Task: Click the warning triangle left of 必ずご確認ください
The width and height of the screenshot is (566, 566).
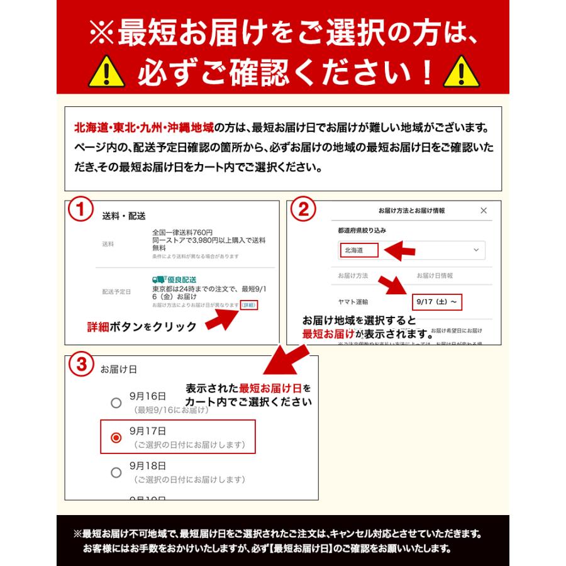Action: click(106, 72)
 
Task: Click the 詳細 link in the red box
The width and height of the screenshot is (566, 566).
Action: click(249, 305)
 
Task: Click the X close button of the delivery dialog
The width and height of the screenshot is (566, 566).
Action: click(483, 211)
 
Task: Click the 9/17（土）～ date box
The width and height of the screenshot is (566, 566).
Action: click(437, 302)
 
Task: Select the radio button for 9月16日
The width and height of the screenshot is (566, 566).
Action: click(116, 402)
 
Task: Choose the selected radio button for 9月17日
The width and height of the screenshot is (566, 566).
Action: click(116, 438)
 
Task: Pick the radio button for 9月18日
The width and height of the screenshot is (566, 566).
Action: click(116, 472)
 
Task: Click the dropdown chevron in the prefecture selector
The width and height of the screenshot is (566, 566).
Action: click(475, 250)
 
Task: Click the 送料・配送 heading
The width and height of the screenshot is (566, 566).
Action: click(124, 216)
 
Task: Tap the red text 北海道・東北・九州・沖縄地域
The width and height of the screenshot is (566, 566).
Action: click(144, 128)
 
